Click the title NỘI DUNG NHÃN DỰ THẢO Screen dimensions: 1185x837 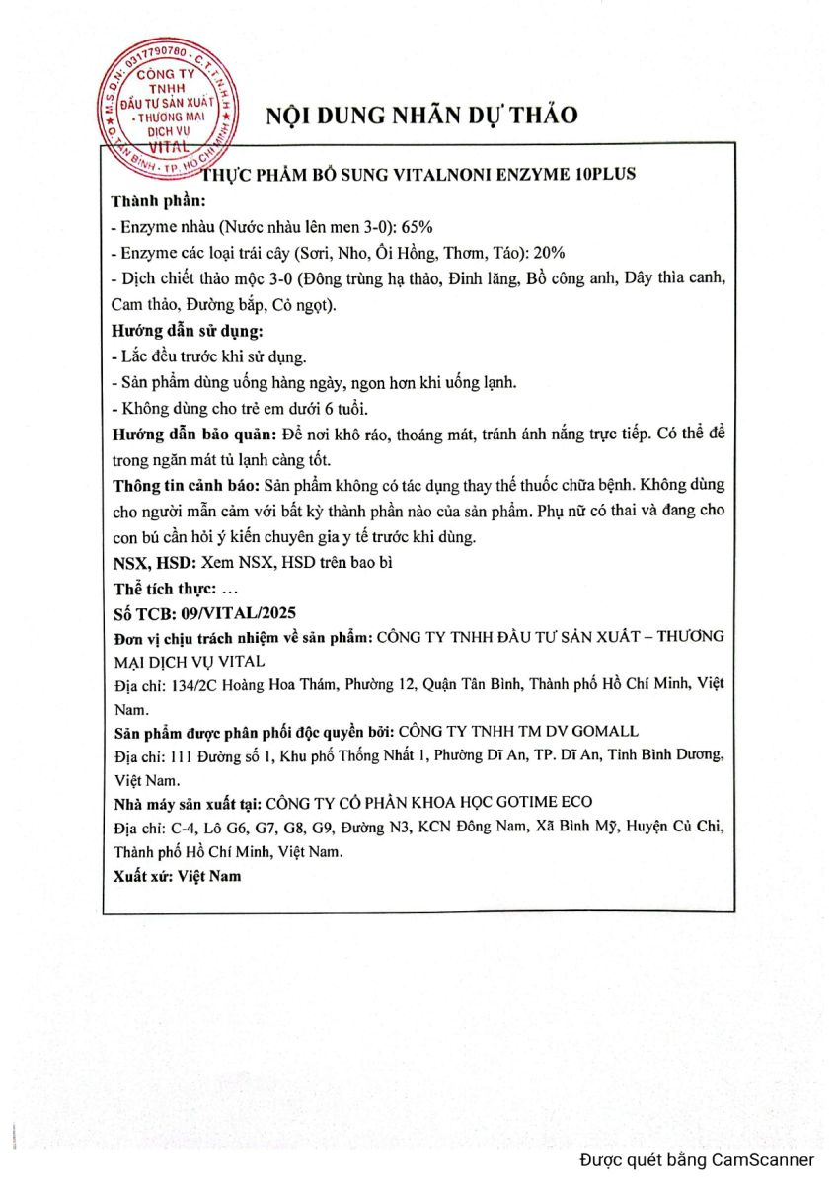click(421, 115)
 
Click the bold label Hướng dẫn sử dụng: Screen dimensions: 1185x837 click(188, 331)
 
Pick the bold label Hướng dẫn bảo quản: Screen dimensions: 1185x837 click(193, 434)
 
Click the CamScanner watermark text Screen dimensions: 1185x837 click(697, 1160)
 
